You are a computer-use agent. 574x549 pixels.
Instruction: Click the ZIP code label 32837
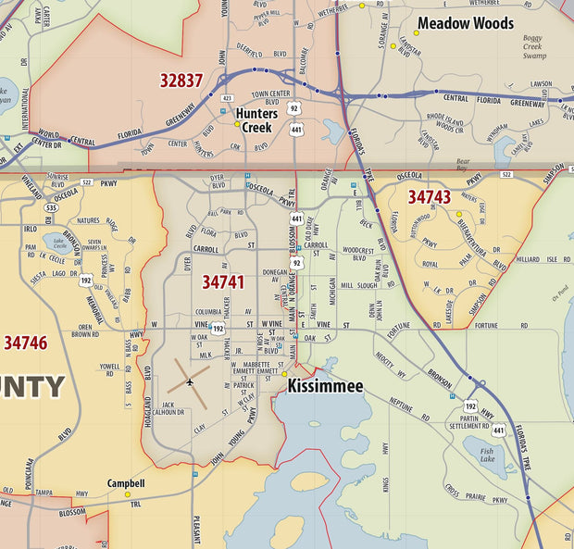coord(181,81)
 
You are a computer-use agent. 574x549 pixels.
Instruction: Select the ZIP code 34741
coord(223,281)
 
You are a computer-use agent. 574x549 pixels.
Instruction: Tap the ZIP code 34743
coord(429,196)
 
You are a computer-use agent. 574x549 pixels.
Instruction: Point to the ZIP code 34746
coord(25,343)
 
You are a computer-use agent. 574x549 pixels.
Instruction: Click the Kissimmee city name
coord(325,385)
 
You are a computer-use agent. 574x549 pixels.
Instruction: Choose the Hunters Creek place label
coord(256,120)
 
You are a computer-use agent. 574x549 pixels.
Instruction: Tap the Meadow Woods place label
coord(466,23)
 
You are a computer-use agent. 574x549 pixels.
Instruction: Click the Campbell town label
coord(126,483)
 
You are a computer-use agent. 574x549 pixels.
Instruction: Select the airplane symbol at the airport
coord(190,381)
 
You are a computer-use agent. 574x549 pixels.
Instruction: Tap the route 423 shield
coord(227,97)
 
